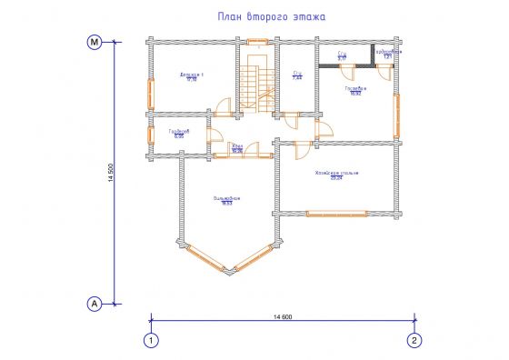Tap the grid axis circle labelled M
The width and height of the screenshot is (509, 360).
tap(93, 43)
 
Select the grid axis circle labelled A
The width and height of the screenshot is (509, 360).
tap(93, 303)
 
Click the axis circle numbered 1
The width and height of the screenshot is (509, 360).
tap(150, 340)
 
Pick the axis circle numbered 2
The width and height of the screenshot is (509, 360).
tap(414, 340)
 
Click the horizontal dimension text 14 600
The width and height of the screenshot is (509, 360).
tap(283, 315)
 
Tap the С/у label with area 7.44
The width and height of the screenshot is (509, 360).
tap(296, 75)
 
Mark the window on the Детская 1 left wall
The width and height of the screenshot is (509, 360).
tap(151, 92)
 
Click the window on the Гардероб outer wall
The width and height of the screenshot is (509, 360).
tap(151, 135)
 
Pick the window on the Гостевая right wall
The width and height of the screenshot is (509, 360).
tap(397, 113)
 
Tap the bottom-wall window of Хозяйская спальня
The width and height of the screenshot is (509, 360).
tap(337, 214)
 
